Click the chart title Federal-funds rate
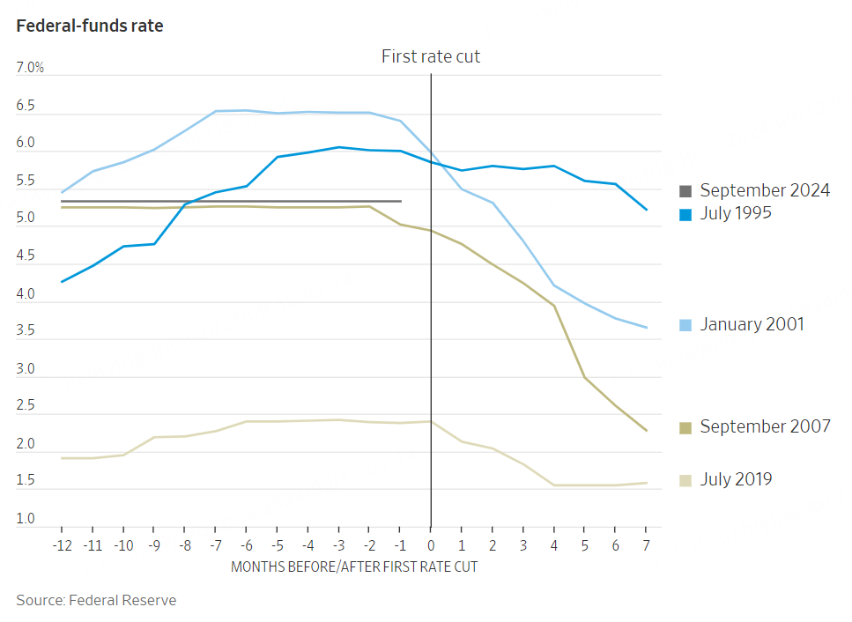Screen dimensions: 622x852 pyautogui.click(x=90, y=26)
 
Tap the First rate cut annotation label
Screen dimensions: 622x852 pyautogui.click(x=431, y=56)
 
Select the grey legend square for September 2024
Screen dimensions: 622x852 pyautogui.click(x=686, y=190)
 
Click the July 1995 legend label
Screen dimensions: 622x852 pyautogui.click(x=736, y=212)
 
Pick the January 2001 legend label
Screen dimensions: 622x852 pyautogui.click(x=752, y=324)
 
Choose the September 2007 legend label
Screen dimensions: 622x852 pyautogui.click(x=765, y=426)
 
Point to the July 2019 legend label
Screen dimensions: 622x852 pyautogui.click(x=736, y=479)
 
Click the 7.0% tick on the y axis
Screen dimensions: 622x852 pyautogui.click(x=30, y=68)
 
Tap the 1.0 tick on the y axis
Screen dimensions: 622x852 pyautogui.click(x=26, y=519)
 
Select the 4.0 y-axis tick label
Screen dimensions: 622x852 pyautogui.click(x=26, y=294)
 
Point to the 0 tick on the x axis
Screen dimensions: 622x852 pyautogui.click(x=431, y=545)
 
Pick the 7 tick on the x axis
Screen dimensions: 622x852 pyautogui.click(x=647, y=545)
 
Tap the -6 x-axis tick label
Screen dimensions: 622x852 pyautogui.click(x=246, y=545)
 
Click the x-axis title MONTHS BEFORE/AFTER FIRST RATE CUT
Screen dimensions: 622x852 pyautogui.click(x=354, y=566)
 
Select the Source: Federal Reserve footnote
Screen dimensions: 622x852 pyautogui.click(x=96, y=600)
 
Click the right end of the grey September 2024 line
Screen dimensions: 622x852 pyautogui.click(x=401, y=201)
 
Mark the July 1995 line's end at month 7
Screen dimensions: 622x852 pyautogui.click(x=648, y=210)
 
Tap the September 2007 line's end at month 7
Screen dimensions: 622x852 pyautogui.click(x=648, y=431)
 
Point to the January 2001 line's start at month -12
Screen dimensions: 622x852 pyautogui.click(x=61, y=192)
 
